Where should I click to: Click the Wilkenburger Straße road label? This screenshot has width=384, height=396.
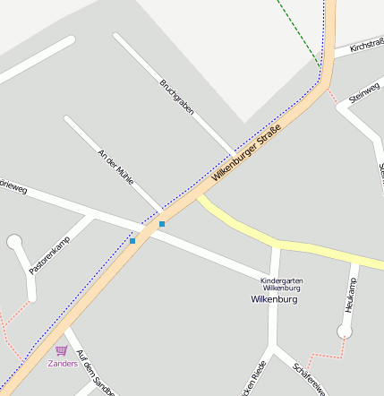click(247, 154)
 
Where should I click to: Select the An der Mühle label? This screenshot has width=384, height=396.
click(115, 167)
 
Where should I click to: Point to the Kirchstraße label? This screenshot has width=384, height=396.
click(366, 44)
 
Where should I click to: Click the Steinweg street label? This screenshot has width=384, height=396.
click(364, 92)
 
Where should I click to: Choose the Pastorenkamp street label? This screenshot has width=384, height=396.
click(49, 255)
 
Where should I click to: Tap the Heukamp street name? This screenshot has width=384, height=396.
click(351, 295)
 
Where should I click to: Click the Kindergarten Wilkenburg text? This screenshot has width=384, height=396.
click(281, 284)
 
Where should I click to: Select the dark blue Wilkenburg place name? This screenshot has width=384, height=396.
click(274, 299)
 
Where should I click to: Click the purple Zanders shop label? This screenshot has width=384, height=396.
click(62, 364)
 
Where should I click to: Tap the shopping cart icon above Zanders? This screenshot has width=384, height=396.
click(61, 350)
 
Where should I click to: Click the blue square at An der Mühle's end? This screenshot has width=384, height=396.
click(161, 223)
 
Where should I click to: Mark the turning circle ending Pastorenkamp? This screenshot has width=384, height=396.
click(14, 241)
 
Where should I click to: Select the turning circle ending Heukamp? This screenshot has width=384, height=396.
click(345, 331)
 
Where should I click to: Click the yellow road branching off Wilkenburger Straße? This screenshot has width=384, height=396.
click(269, 237)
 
